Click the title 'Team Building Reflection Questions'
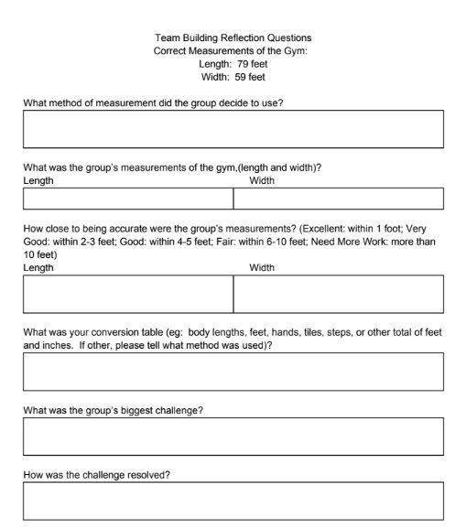click(x=233, y=38)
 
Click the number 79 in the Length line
click(x=243, y=64)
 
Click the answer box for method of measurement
click(x=233, y=129)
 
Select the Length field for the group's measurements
click(x=128, y=199)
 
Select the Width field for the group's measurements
click(x=339, y=199)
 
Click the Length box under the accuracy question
click(x=128, y=294)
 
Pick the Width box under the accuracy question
click(x=339, y=294)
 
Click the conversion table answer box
click(x=233, y=372)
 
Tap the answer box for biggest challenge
click(x=233, y=436)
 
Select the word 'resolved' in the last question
click(x=149, y=473)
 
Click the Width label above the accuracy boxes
click(x=262, y=268)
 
